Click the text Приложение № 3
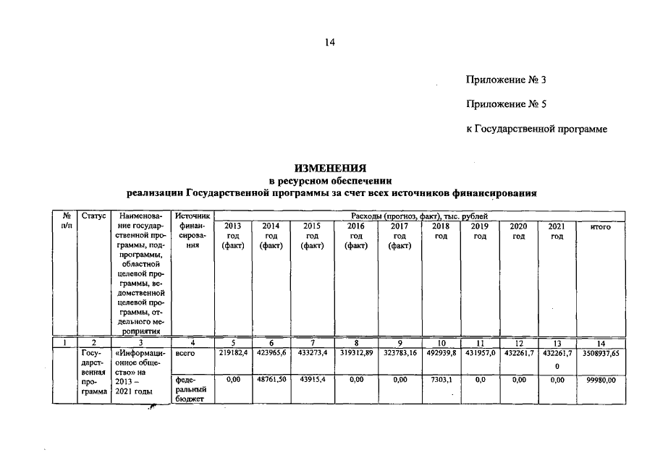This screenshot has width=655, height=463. tap(506, 80)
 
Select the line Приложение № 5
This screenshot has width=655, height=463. tap(506, 104)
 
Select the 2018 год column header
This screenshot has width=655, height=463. tap(441, 231)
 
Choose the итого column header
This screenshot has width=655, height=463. tap(600, 226)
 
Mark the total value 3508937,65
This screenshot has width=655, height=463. tap(600, 353)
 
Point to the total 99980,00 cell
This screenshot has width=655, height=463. tap(600, 378)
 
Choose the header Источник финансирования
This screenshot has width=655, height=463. tap(191, 231)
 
